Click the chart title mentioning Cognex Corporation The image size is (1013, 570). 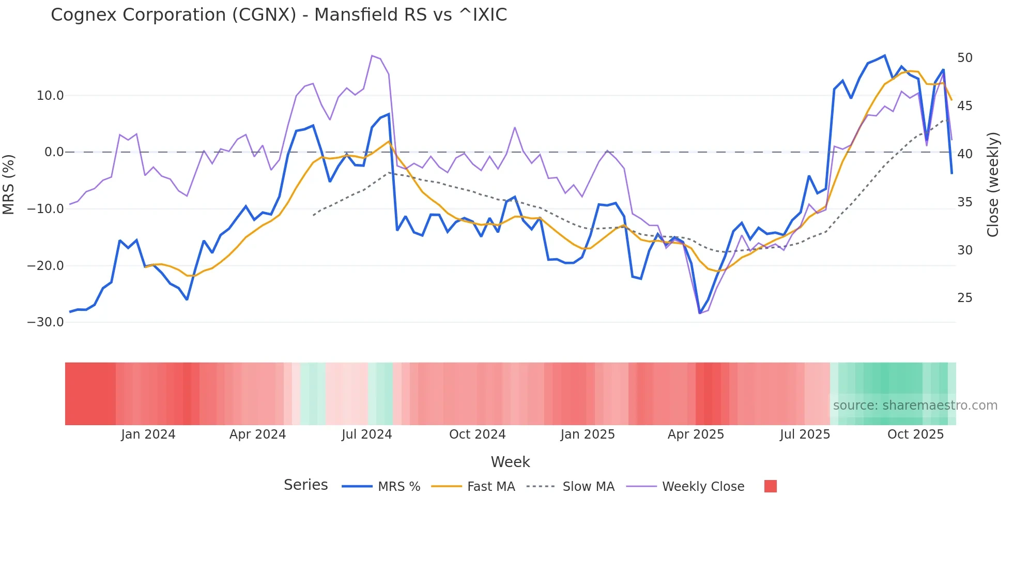(x=279, y=15)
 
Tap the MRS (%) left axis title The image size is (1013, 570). (x=9, y=184)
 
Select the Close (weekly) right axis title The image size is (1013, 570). (x=992, y=185)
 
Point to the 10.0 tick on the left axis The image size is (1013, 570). (x=50, y=96)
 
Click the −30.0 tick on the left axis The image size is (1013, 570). (x=45, y=322)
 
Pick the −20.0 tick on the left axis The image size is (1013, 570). (x=45, y=266)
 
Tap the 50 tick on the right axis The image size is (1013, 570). (x=964, y=58)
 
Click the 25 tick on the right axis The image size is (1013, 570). (x=964, y=298)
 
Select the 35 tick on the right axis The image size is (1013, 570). (x=964, y=202)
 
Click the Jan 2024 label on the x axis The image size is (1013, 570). (x=148, y=434)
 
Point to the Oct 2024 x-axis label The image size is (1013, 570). (x=477, y=434)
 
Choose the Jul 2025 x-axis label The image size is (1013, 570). (x=805, y=434)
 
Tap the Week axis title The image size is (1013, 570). (x=510, y=462)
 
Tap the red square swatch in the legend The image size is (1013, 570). (x=770, y=486)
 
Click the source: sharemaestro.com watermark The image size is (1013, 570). (x=915, y=406)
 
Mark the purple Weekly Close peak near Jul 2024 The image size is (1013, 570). (x=372, y=55)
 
